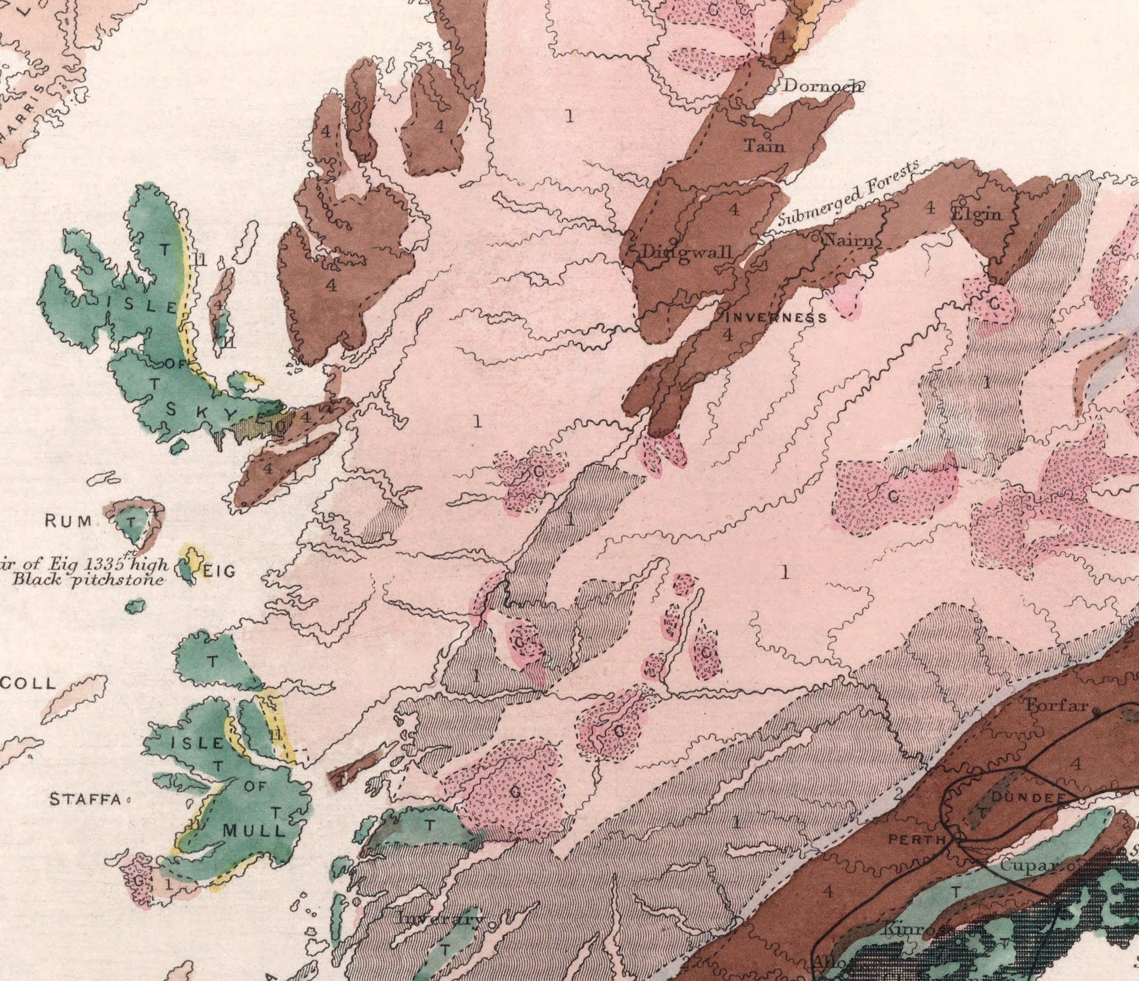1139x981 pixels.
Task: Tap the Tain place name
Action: pyautogui.click(x=764, y=146)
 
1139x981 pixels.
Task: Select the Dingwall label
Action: pyautogui.click(x=687, y=253)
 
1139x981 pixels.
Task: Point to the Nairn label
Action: pyautogui.click(x=848, y=241)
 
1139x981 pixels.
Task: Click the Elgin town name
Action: pyautogui.click(x=977, y=213)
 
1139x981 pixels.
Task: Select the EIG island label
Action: pyautogui.click(x=219, y=571)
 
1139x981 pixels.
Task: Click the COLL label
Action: pyautogui.click(x=28, y=684)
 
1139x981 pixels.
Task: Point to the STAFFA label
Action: pyautogui.click(x=85, y=799)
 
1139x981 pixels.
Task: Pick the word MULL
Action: pyautogui.click(x=254, y=830)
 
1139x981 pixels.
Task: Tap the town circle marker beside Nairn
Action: pyautogui.click(x=816, y=238)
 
